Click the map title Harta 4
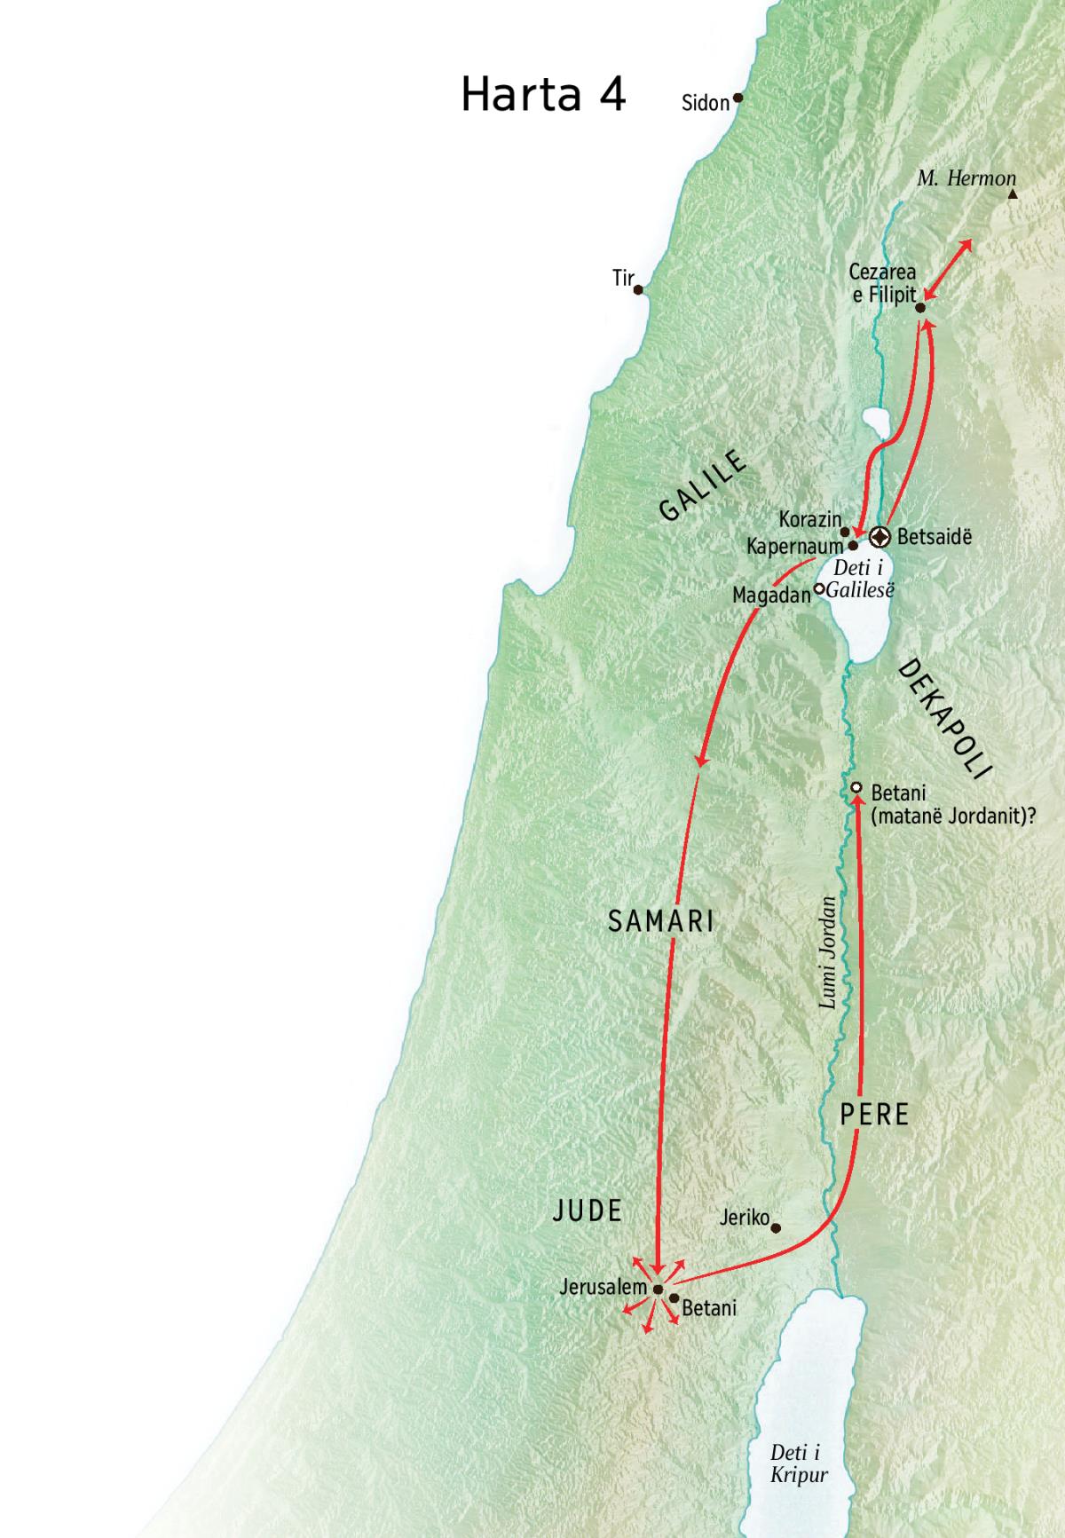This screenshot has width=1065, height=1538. (543, 95)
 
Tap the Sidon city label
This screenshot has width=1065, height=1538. (705, 103)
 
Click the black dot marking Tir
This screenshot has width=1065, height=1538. (638, 289)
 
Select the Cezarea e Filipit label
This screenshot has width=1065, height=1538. (883, 284)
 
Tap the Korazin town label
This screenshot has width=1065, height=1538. (809, 519)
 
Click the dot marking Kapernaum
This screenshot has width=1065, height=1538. (853, 546)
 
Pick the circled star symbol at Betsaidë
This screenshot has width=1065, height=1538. (880, 536)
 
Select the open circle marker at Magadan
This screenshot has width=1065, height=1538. (819, 588)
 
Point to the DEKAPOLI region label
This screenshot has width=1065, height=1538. (944, 718)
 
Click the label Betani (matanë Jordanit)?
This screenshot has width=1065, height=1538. (953, 804)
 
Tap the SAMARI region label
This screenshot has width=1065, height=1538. (661, 921)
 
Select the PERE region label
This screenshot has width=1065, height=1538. (875, 1115)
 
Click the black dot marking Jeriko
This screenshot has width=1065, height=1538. (776, 1229)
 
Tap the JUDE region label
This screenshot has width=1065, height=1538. (588, 1211)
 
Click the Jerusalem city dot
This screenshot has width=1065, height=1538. (658, 1290)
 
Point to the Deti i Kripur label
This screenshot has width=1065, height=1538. (798, 1463)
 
